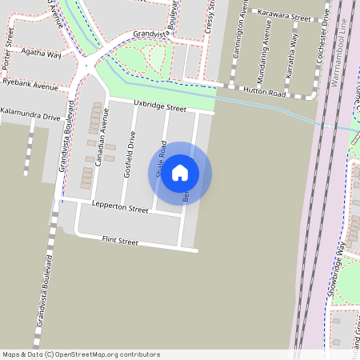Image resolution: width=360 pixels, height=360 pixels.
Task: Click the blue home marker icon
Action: click(180, 173)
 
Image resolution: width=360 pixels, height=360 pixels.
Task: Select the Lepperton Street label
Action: click(120, 209)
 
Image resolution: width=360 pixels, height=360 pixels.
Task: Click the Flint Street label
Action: click(120, 240)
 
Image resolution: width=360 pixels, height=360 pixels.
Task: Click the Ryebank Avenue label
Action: click(30, 83)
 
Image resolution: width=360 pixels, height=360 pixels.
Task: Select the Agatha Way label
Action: click(42, 54)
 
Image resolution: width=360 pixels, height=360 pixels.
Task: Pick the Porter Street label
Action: click(10, 36)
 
